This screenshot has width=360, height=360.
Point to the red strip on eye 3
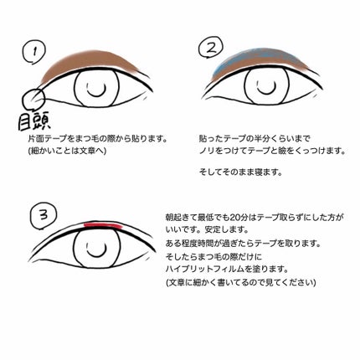coord(101,224)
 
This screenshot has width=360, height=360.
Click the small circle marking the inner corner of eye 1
coord(38,100)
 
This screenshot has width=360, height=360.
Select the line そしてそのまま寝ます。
coord(240,172)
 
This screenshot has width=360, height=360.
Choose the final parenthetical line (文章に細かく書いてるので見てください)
coord(242,284)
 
